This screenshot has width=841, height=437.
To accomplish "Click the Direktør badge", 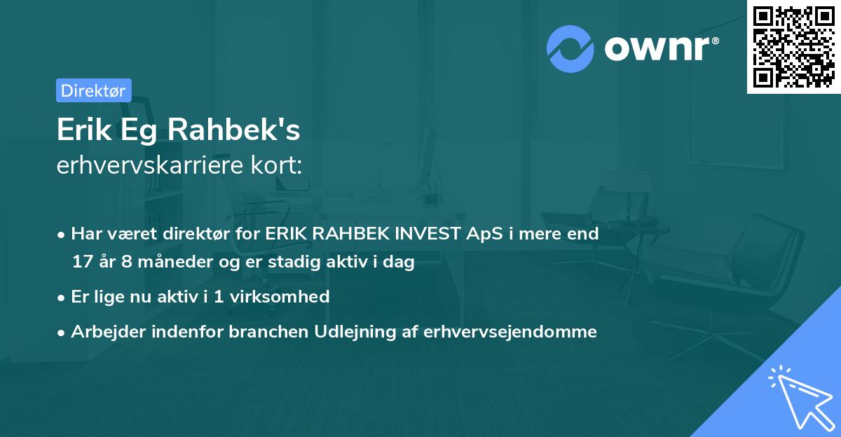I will pos(93,90).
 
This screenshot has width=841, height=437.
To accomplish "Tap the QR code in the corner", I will pos(793,47).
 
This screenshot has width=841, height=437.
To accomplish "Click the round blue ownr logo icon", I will pos(570,49).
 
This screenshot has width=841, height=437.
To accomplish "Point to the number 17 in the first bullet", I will pos(82,262).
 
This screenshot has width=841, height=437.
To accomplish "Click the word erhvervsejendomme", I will pos(510,331).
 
